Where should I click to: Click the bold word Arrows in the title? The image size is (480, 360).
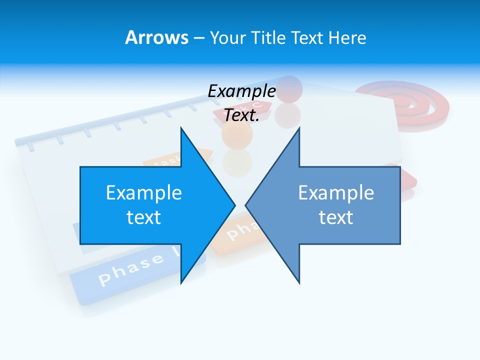click(156, 37)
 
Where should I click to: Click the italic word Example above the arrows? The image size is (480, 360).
click(241, 91)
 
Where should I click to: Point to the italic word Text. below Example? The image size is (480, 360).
click(241, 115)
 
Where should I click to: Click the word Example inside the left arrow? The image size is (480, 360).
click(143, 192)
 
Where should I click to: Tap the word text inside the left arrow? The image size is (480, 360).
click(143, 217)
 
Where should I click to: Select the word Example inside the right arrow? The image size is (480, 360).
click(336, 192)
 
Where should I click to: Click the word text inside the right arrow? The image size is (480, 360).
click(336, 217)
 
